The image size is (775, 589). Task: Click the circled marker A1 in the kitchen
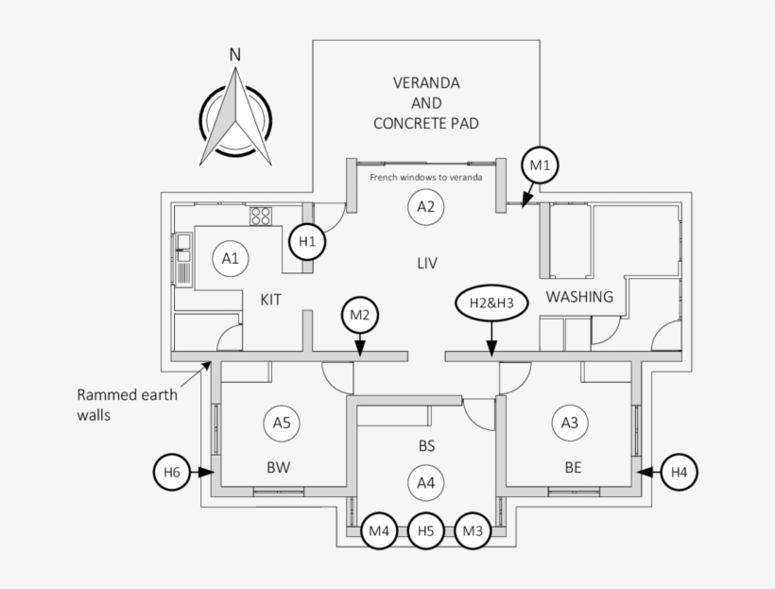[230, 257]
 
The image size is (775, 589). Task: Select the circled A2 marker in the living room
[425, 207]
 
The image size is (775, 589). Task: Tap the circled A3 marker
[569, 423]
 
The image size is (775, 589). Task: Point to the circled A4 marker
[426, 483]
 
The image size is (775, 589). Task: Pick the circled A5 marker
[282, 423]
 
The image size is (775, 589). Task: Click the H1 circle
[307, 241]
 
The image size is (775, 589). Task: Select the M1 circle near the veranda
[540, 166]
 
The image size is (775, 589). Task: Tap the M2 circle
[359, 315]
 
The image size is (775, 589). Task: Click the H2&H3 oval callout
[491, 303]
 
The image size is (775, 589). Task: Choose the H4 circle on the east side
[680, 471]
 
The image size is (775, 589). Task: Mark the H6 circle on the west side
[171, 471]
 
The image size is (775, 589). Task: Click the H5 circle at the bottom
[426, 531]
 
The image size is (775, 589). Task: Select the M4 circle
[380, 531]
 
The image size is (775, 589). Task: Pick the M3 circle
[473, 531]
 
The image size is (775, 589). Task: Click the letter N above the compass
[234, 54]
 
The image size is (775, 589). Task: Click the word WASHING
[579, 297]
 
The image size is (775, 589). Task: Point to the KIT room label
[271, 300]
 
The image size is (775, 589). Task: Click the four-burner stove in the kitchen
[261, 216]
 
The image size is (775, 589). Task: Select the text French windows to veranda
[425, 177]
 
